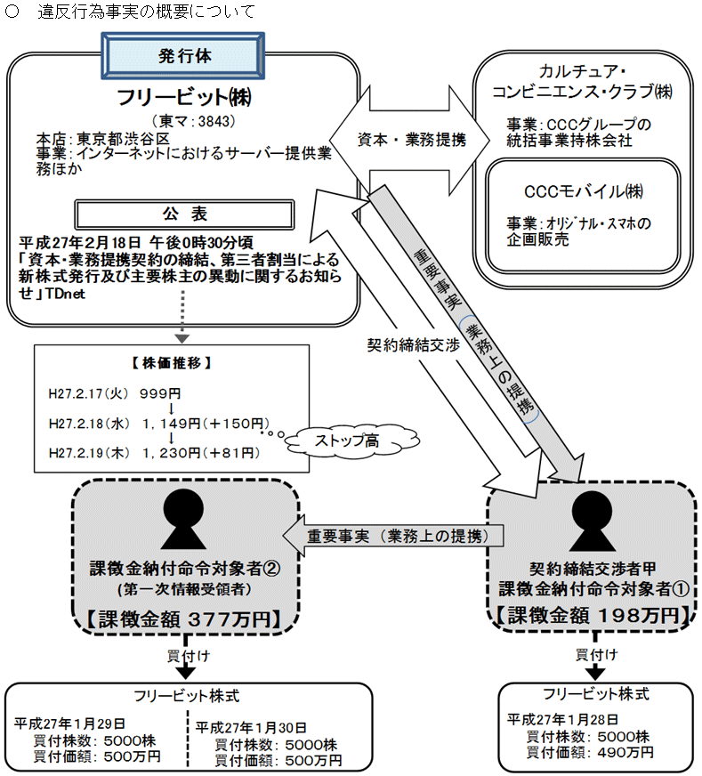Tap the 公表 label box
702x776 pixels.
click(185, 214)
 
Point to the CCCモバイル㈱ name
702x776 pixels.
click(584, 191)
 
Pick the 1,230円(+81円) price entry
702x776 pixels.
click(200, 453)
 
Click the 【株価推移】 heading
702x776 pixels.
click(171, 363)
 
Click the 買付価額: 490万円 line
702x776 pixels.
click(589, 753)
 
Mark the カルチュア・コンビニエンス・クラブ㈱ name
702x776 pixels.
click(584, 81)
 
